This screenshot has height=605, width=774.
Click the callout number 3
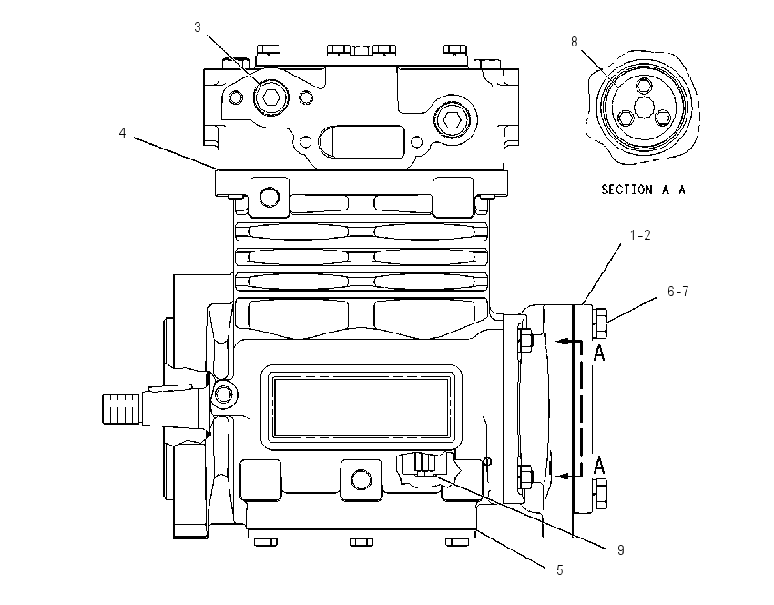[198, 27]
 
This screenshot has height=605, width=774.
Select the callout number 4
[122, 133]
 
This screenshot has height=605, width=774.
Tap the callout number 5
[559, 570]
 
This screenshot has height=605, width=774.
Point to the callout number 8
[574, 42]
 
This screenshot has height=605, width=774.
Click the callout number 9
[620, 550]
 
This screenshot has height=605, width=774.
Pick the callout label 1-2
[640, 235]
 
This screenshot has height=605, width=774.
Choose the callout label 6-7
[677, 292]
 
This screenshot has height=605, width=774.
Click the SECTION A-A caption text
[643, 190]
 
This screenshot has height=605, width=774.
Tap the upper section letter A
[599, 353]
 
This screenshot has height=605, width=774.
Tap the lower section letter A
[599, 466]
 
